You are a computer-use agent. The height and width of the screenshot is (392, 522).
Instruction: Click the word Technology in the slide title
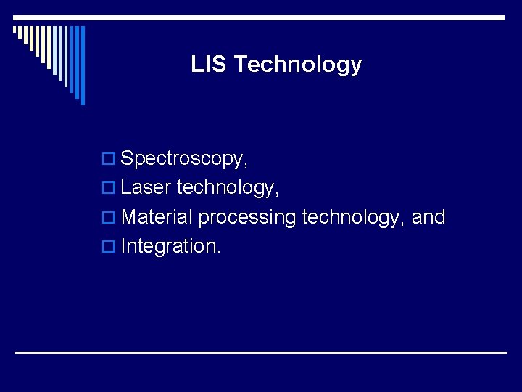pyautogui.click(x=298, y=65)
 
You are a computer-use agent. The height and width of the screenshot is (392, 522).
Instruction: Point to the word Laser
pyautogui.click(x=146, y=188)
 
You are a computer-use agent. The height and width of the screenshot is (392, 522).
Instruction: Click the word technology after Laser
pyautogui.click(x=225, y=188)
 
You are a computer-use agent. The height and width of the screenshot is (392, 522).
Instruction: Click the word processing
pyautogui.click(x=247, y=218)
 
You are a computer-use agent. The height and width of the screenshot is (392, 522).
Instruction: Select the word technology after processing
pyautogui.click(x=352, y=217)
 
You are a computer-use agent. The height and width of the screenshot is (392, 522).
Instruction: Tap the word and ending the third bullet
pyautogui.click(x=428, y=217)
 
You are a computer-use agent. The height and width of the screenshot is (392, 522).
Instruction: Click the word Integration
pyautogui.click(x=167, y=247)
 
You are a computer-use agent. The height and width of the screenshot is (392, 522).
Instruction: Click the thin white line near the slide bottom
pyautogui.click(x=261, y=353)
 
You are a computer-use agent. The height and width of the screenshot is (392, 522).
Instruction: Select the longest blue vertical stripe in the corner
pyautogui.click(x=83, y=65)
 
